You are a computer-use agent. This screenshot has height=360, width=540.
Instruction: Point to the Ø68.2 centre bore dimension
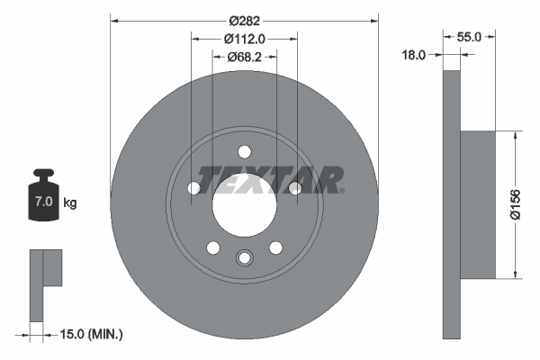(x=243, y=57)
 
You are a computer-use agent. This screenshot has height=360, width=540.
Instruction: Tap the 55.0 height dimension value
(x=471, y=37)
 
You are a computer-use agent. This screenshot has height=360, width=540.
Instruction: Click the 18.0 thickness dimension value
(x=413, y=55)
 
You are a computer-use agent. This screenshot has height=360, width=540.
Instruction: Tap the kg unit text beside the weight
(x=70, y=203)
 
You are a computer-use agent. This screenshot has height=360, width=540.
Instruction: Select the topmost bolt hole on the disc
(x=243, y=152)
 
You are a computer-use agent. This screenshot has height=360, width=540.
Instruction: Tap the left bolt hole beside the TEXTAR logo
(x=194, y=188)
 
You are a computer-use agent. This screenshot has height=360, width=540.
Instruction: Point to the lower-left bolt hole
(x=213, y=247)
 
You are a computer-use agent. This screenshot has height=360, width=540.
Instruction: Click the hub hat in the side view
(x=478, y=204)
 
